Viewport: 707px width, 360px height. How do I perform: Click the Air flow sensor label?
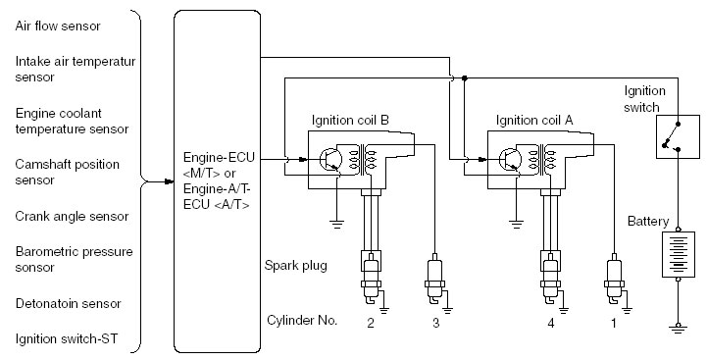tap(58, 26)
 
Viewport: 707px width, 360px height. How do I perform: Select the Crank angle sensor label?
tap(72, 216)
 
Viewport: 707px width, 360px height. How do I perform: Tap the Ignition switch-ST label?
tap(67, 338)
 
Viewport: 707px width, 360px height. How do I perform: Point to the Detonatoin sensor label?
tap(68, 303)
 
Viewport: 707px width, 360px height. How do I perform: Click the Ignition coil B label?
tap(350, 121)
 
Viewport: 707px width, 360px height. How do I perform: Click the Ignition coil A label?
tap(534, 121)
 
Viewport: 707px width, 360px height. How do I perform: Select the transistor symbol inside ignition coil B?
tap(331, 159)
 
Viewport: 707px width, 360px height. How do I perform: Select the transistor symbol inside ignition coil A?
tap(511, 159)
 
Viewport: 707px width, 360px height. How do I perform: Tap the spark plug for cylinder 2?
tap(371, 279)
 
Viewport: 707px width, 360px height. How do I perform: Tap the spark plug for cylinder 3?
tap(434, 279)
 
